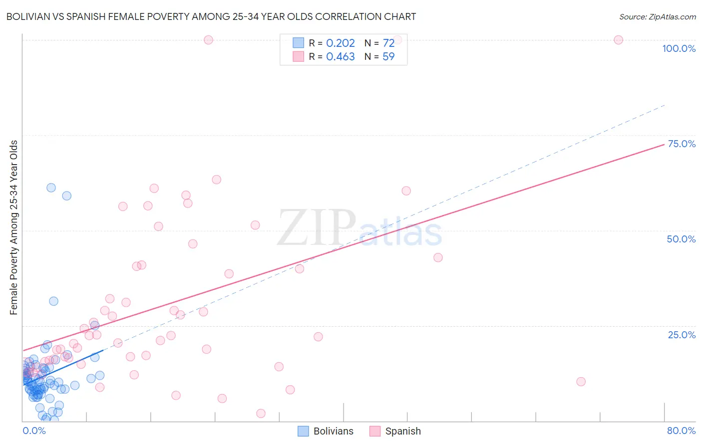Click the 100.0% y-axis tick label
click(679, 48)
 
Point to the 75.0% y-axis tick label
click(682, 144)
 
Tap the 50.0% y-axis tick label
click(681, 239)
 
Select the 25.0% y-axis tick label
click(682, 335)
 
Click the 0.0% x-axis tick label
click(34, 431)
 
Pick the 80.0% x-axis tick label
click(681, 431)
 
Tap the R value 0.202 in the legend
click(341, 43)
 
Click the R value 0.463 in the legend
click(341, 57)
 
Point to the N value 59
click(388, 57)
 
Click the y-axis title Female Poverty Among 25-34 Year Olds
click(14, 227)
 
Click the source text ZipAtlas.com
click(657, 17)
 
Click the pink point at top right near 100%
click(618, 40)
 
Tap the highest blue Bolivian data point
click(51, 188)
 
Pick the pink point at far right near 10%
click(581, 382)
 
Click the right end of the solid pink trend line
click(664, 144)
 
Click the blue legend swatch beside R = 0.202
click(298, 43)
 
